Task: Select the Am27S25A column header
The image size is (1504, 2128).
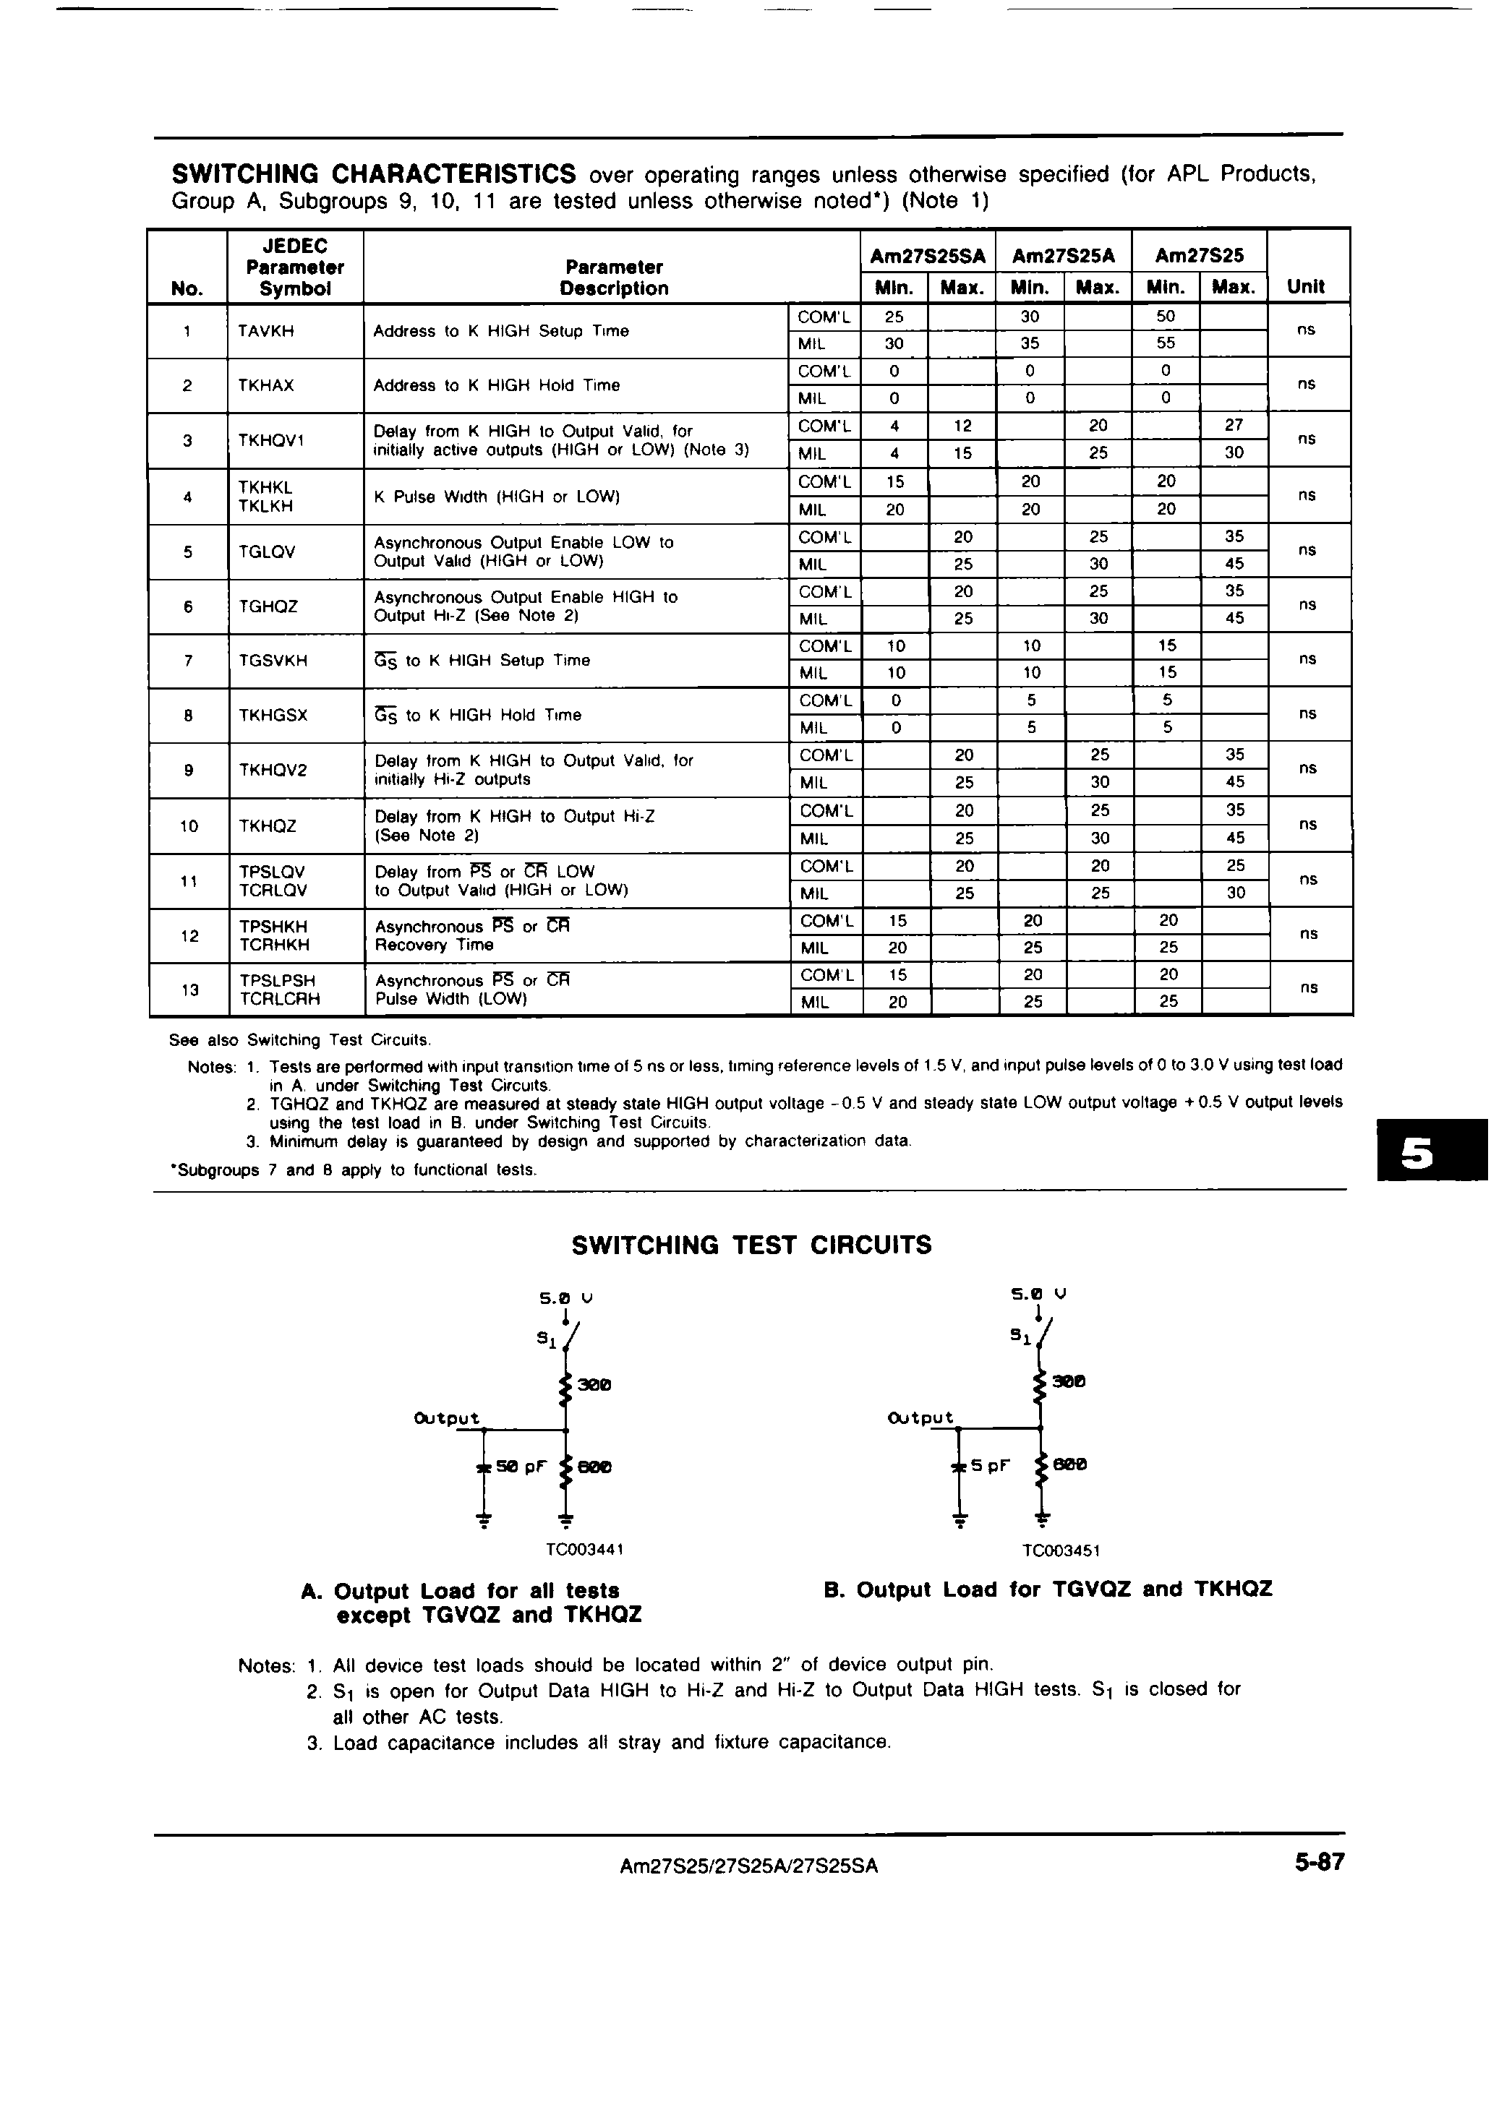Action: tap(1064, 256)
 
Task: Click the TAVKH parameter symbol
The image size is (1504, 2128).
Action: tap(266, 331)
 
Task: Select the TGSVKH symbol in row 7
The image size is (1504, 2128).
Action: tap(273, 661)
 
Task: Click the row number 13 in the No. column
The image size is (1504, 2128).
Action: tap(190, 990)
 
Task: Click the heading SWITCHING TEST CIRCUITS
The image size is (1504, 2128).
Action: tap(751, 1245)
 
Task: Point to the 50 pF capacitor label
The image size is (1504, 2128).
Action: tap(521, 1467)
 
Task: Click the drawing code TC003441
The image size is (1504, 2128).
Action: tap(584, 1550)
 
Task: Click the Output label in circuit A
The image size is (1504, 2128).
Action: tap(447, 1418)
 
